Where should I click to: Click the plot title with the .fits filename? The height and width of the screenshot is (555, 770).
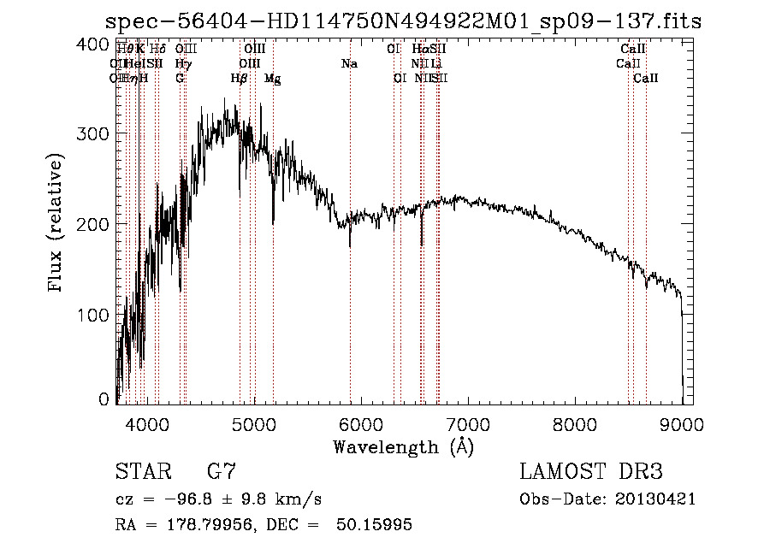(x=402, y=21)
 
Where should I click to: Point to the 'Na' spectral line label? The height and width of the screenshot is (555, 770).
(x=349, y=63)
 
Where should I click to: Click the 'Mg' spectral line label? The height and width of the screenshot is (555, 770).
(x=272, y=79)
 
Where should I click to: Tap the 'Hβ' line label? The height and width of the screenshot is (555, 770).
(x=240, y=78)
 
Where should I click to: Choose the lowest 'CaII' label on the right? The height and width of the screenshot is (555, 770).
(x=645, y=78)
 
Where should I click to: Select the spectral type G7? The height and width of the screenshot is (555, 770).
(x=221, y=472)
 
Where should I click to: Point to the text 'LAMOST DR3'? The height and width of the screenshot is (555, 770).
(x=591, y=472)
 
